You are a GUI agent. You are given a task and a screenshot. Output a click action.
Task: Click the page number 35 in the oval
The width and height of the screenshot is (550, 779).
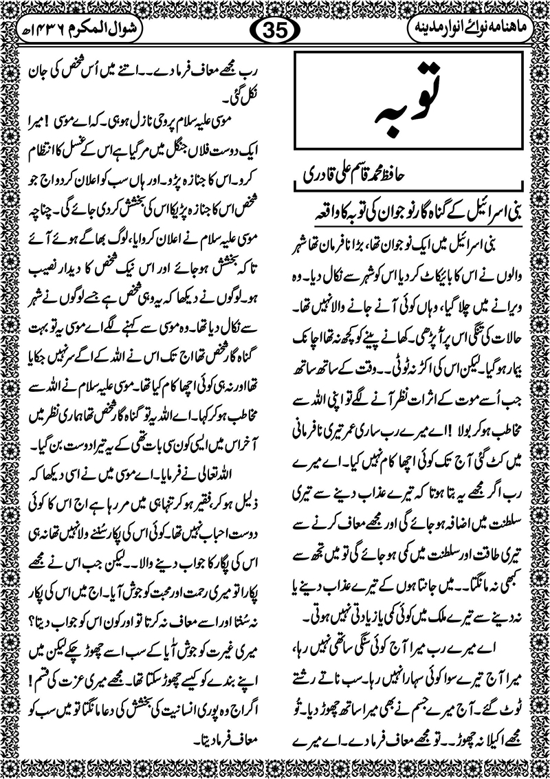coord(274,31)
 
